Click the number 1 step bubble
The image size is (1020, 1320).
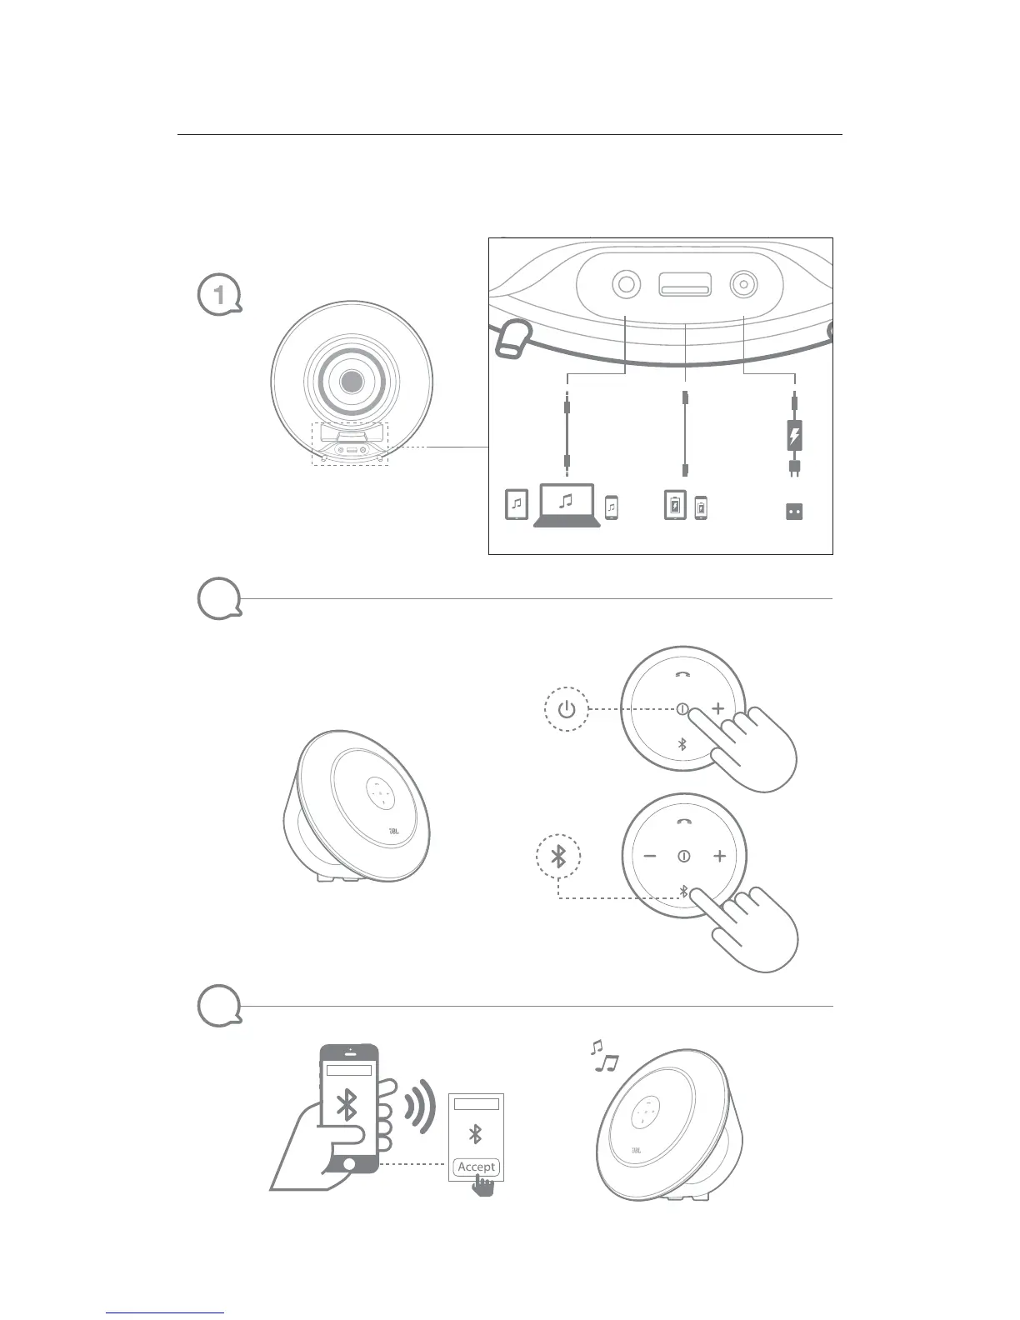pos(218,294)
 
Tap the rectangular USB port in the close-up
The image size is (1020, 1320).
pos(685,285)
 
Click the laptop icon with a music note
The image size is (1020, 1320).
pos(567,505)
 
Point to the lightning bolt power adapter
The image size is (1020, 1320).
pos(794,436)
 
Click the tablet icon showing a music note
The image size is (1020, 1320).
pos(517,505)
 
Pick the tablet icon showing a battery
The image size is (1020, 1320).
pos(675,506)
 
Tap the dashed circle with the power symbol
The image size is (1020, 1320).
pos(567,710)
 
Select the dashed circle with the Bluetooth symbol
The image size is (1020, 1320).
pos(558,856)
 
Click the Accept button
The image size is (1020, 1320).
pos(477,1167)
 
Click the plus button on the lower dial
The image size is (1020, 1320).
pos(719,856)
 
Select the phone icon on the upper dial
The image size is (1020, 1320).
pos(682,673)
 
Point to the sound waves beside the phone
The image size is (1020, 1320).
pos(421,1106)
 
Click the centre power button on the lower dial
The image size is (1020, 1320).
pos(684,856)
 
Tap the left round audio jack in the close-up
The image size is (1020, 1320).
pos(627,285)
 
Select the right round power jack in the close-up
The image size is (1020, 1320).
pos(742,285)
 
